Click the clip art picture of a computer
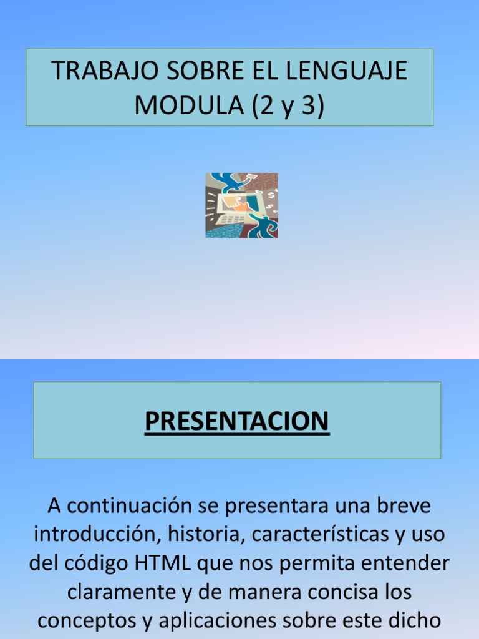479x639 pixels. coord(241,205)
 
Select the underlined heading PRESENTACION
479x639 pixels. coord(237,421)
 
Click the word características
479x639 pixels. coord(323,535)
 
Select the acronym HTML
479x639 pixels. coord(164,563)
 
